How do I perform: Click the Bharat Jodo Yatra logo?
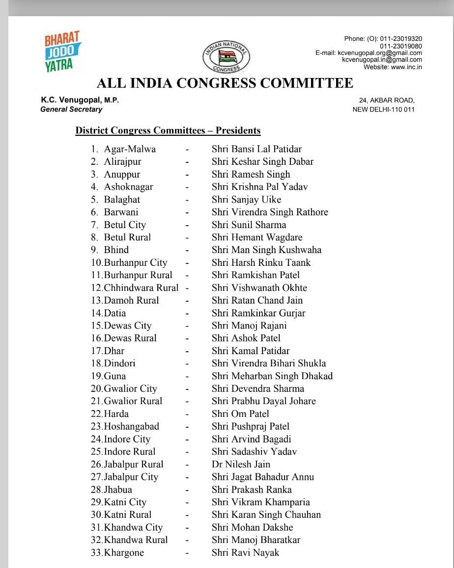[63, 52]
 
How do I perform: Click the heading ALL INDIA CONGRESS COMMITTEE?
[225, 83]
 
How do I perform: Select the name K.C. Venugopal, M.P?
[80, 100]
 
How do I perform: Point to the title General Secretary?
[71, 109]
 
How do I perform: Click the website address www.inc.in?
[407, 67]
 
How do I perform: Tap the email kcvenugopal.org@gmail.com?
[380, 53]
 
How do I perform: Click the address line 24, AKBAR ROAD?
[387, 101]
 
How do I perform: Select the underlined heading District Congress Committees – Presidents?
[168, 130]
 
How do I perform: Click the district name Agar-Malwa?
[130, 149]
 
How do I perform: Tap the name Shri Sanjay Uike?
[246, 200]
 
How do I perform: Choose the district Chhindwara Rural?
[141, 288]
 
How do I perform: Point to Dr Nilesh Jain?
[241, 465]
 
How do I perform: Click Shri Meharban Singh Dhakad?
[272, 376]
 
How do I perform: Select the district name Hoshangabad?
[131, 427]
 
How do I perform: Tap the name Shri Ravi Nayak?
[245, 553]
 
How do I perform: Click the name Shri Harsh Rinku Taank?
[261, 262]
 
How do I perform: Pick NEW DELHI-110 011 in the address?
[383, 109]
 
